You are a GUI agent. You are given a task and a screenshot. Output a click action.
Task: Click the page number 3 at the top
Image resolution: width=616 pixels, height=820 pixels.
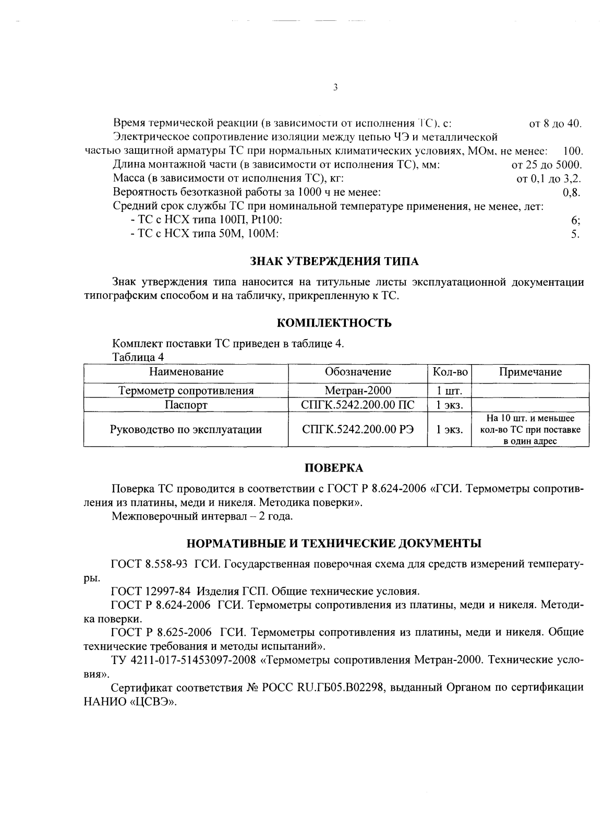pyautogui.click(x=335, y=87)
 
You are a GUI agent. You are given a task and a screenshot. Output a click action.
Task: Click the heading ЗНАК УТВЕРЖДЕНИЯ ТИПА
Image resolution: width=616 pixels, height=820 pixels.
pyautogui.click(x=334, y=260)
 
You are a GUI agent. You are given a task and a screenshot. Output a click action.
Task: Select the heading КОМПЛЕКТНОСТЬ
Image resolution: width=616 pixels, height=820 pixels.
pyautogui.click(x=334, y=323)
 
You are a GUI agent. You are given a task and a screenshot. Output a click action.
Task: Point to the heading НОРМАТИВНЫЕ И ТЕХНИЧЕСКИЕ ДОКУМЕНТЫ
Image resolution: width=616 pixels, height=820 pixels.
pyautogui.click(x=334, y=544)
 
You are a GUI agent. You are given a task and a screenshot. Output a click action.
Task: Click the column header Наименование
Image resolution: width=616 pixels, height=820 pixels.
pyautogui.click(x=186, y=372)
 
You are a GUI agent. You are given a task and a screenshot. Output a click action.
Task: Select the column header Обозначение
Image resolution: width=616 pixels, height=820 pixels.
pyautogui.click(x=358, y=372)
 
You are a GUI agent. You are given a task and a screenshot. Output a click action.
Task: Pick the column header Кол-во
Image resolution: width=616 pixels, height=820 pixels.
pyautogui.click(x=450, y=372)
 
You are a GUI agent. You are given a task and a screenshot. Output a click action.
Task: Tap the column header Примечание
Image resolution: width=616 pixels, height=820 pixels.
pyautogui.click(x=530, y=372)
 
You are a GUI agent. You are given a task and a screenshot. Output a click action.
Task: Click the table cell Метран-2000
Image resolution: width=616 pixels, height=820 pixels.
pyautogui.click(x=358, y=390)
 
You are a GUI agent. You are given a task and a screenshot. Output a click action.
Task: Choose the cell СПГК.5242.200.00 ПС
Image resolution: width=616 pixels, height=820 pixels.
pyautogui.click(x=358, y=405)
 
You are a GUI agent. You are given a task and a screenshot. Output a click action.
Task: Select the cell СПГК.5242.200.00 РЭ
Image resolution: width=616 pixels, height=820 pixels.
pyautogui.click(x=358, y=429)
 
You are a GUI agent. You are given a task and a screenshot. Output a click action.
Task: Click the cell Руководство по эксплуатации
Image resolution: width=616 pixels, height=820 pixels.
pyautogui.click(x=186, y=429)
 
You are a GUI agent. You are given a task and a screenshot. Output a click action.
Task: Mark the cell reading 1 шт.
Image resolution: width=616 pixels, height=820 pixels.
pyautogui.click(x=446, y=391)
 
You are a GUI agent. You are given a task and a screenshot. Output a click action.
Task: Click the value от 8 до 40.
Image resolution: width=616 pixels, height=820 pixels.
pyautogui.click(x=555, y=124)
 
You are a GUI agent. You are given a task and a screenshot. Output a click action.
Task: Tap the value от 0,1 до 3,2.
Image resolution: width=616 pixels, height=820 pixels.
pyautogui.click(x=549, y=179)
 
